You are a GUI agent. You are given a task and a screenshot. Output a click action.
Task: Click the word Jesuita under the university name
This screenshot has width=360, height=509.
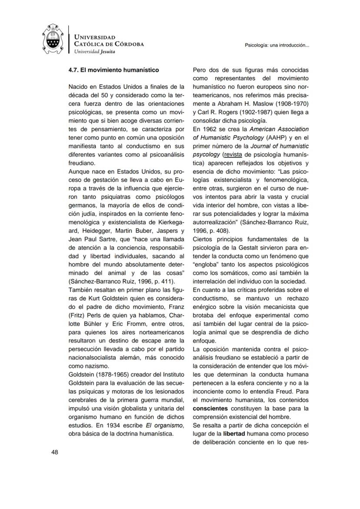tap(108, 51)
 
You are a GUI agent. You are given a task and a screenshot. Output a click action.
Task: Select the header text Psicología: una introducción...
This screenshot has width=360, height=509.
tap(277, 45)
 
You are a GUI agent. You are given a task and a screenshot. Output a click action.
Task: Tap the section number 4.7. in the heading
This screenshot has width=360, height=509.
tap(76, 70)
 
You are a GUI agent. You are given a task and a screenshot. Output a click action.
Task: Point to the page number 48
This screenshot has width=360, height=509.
tap(55, 452)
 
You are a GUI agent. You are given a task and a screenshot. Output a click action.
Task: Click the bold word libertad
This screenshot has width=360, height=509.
tap(234, 433)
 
